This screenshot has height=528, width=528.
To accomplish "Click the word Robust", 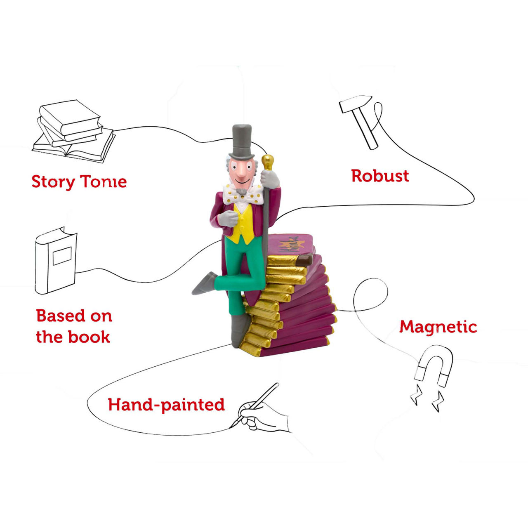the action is tap(380, 176).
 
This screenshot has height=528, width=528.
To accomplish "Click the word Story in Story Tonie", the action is tap(53, 182).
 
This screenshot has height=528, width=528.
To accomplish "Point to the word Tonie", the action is tap(104, 181).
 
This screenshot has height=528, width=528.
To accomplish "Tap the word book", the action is tap(90, 337).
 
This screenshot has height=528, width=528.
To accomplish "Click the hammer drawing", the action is tap(360, 122).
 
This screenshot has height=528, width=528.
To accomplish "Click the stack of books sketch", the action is tap(73, 131).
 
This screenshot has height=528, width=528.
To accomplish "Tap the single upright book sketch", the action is tap(56, 261).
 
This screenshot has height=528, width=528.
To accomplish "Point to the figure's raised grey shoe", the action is tap(205, 283).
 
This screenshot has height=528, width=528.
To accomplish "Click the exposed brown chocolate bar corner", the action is tap(305, 259).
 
